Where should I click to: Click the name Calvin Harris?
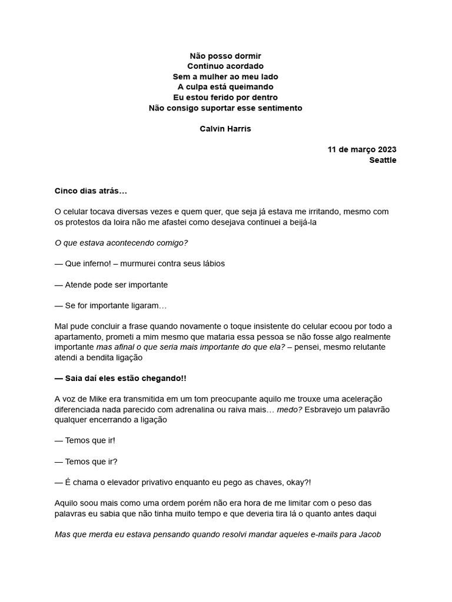pyautogui.click(x=225, y=129)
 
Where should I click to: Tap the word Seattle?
pyautogui.click(x=383, y=160)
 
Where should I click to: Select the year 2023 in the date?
pyautogui.click(x=386, y=149)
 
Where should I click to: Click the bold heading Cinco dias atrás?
pyautogui.click(x=91, y=191)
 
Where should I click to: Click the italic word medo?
pyautogui.click(x=288, y=409)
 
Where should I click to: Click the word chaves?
pyautogui.click(x=266, y=482)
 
